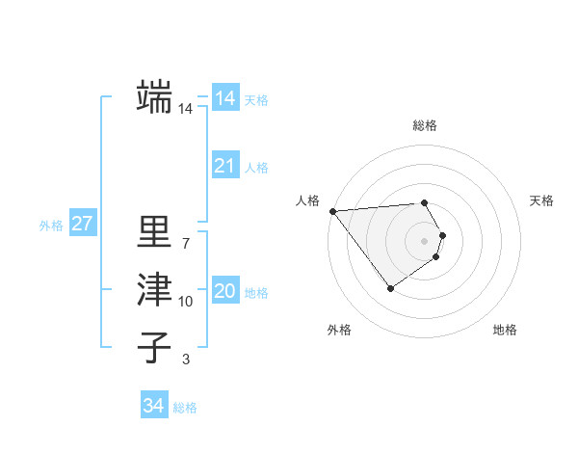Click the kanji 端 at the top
pos(154,96)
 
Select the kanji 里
pos(154,231)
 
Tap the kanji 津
pos(154,289)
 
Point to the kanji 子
pos(154,347)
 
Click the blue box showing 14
pos(224,97)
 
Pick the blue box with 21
pos(224,166)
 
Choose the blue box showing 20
pos(224,291)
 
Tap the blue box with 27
pos(82,225)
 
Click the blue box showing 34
pos(153,406)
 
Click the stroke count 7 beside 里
pos(185,243)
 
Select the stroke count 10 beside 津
pos(185,302)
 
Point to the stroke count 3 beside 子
pos(185,360)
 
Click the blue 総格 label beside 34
pos(185,408)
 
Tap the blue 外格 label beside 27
pos(51,226)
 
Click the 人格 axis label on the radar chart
pos(308,200)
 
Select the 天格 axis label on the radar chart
pos(541,200)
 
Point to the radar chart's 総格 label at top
pos(425,125)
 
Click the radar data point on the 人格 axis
pos(332,210)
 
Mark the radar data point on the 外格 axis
pos(390,287)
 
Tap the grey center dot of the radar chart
pos(425,240)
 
